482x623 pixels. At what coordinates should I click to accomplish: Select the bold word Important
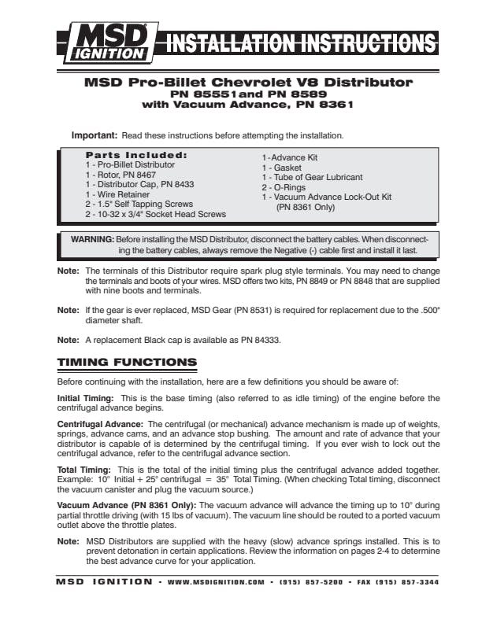coord(95,135)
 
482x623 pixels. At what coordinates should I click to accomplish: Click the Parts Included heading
coord(135,155)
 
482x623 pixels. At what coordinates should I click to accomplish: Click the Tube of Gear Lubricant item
coord(312,178)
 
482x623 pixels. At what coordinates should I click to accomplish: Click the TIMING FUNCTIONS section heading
coord(127,363)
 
